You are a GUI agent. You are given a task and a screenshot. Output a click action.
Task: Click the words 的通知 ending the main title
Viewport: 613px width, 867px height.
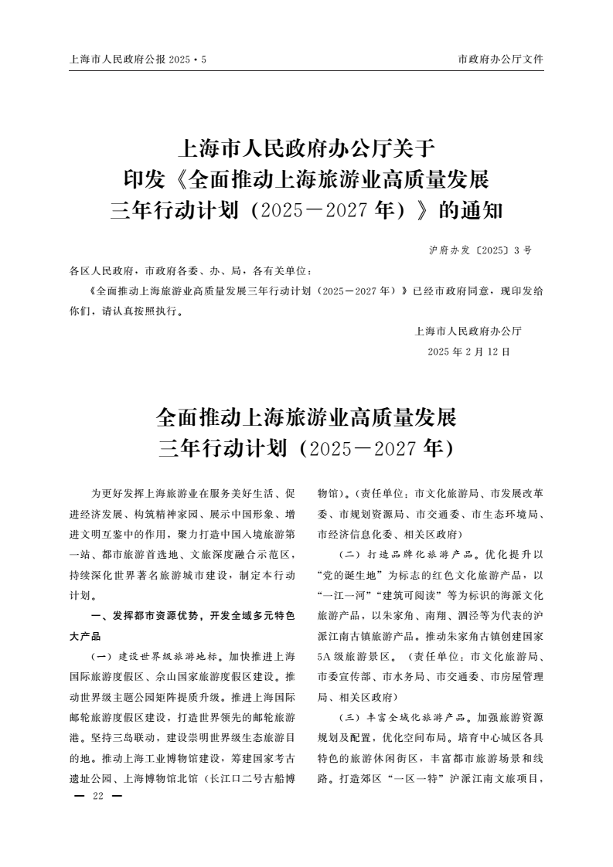tap(471, 210)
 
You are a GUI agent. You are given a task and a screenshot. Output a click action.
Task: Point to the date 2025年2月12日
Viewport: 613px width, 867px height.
tap(469, 352)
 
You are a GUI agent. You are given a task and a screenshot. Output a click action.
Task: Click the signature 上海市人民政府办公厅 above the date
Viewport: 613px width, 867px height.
tap(468, 331)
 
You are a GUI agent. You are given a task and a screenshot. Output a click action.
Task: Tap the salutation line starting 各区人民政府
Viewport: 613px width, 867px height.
tap(191, 271)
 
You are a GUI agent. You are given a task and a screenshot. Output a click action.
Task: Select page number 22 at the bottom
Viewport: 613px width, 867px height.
tap(97, 797)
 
